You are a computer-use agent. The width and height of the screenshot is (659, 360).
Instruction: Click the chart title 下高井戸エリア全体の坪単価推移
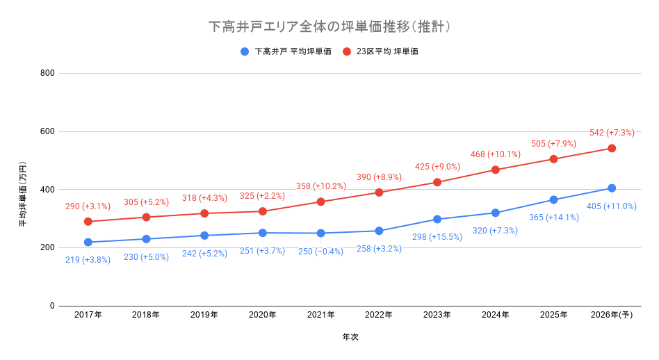pos(329,27)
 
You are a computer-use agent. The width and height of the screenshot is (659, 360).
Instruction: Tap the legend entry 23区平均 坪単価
pos(387,51)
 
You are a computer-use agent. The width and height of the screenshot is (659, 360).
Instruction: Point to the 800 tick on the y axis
pos(47,73)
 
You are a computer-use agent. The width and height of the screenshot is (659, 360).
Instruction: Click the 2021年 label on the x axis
pos(320,315)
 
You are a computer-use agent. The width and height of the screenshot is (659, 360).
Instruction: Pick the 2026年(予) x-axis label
pos(611,315)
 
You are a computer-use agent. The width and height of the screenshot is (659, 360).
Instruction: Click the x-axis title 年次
pos(350,337)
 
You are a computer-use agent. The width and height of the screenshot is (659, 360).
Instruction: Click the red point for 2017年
pos(88,222)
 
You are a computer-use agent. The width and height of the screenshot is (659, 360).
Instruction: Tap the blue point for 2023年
pos(437,219)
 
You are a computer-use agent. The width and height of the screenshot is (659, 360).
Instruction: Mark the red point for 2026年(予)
pos(612,148)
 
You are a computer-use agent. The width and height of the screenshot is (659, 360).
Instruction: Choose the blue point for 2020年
pos(263,233)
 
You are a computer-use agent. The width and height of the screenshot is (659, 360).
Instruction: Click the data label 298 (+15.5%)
pos(437,237)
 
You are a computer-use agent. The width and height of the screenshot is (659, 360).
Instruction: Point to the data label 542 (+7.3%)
pos(612,133)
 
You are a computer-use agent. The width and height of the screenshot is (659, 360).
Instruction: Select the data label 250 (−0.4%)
pos(320,252)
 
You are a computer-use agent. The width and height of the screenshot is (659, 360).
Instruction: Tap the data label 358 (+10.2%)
pos(320,186)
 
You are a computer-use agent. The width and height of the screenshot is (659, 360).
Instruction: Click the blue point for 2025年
pos(553,199)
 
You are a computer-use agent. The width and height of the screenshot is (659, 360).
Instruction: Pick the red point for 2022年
pos(379,193)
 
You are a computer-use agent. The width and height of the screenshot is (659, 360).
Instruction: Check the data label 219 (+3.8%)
pos(88,260)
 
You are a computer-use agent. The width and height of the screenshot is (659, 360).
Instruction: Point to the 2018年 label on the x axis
pos(146,315)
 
